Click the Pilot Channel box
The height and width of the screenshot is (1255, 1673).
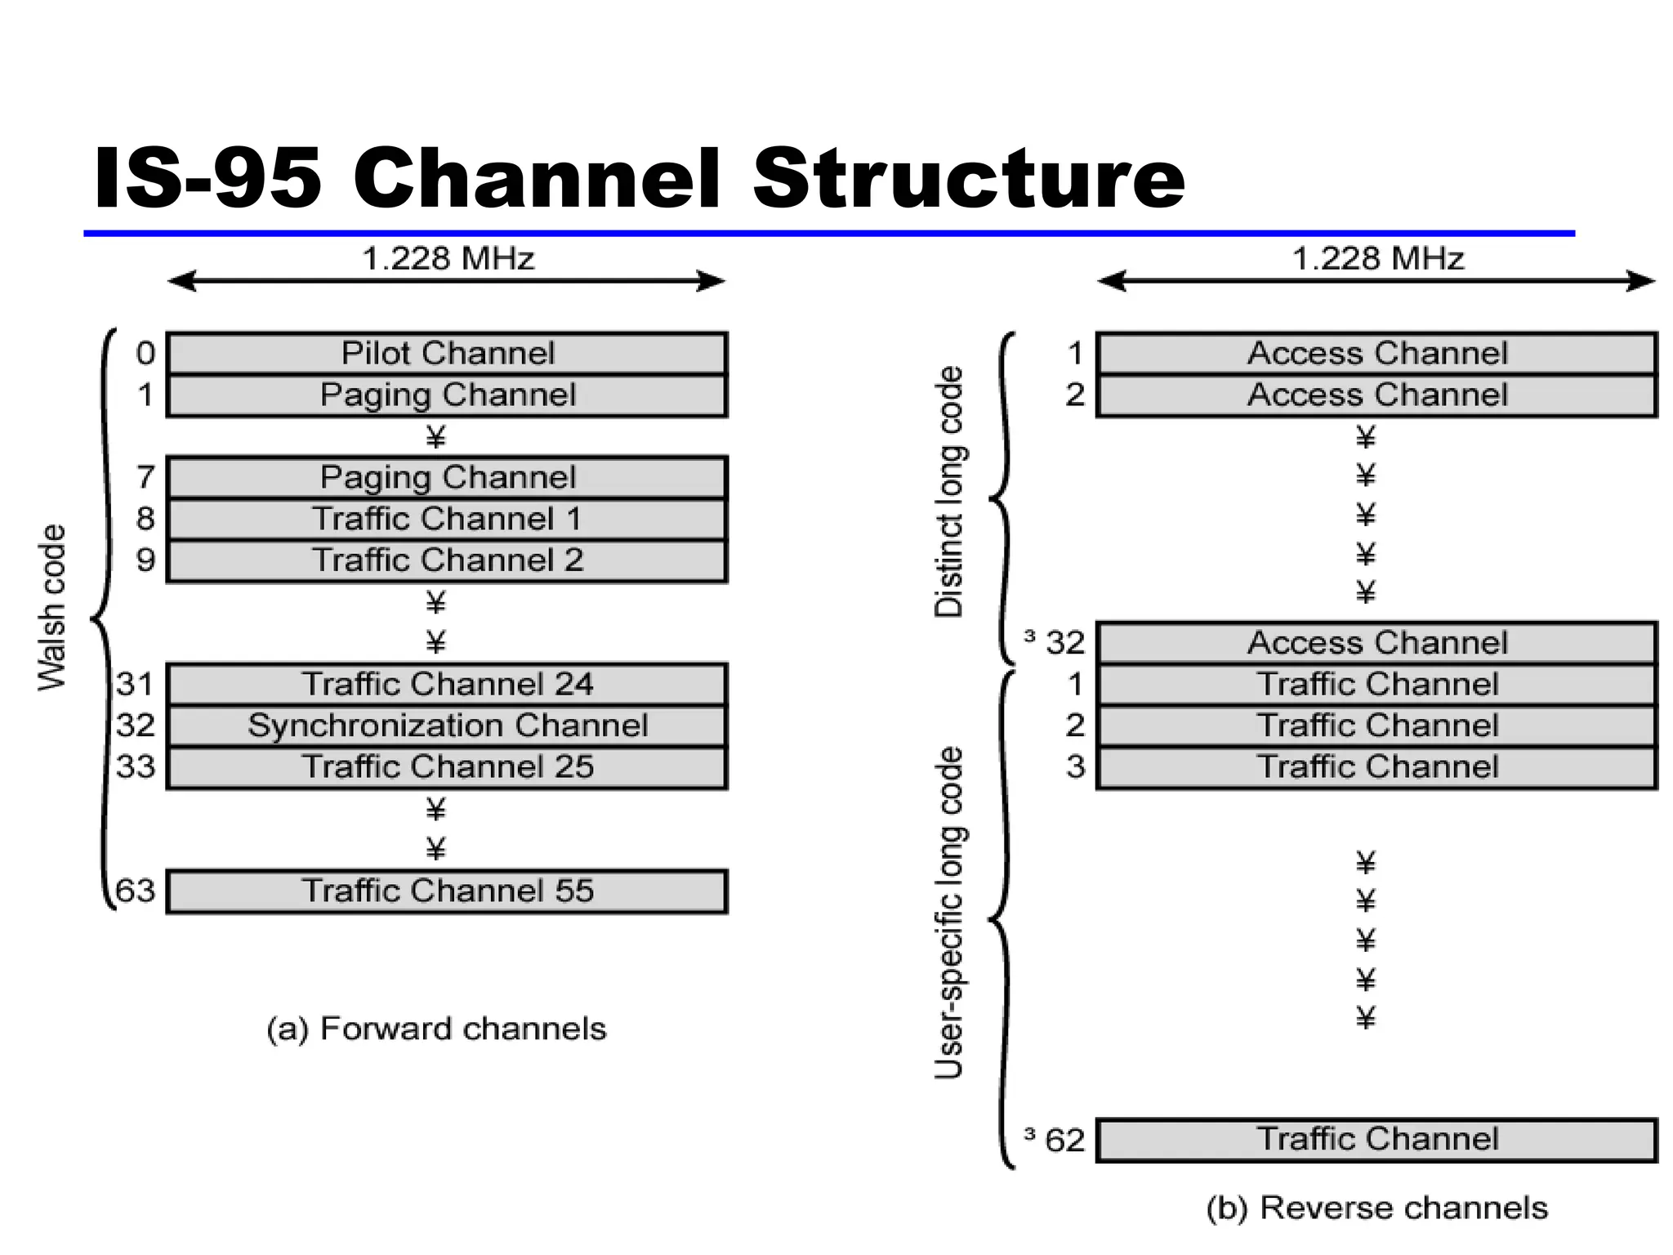point(447,354)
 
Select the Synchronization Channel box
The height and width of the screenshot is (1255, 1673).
point(447,726)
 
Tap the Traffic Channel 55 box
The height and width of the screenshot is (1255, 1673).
point(447,891)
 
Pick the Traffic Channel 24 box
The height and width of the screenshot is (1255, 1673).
point(447,684)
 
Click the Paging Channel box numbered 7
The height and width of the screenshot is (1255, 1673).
point(447,477)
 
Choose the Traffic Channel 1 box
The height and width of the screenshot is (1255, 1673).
point(447,519)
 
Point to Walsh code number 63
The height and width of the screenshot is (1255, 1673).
point(136,891)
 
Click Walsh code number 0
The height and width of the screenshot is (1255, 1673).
point(145,354)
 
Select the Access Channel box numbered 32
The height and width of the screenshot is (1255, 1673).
point(1377,643)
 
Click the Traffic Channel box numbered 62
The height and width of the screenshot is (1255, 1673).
point(1377,1139)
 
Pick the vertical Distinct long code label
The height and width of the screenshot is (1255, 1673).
point(949,492)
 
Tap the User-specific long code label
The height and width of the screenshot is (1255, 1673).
point(949,913)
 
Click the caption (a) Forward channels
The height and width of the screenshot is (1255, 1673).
point(436,1029)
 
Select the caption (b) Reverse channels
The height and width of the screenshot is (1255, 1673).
point(1377,1208)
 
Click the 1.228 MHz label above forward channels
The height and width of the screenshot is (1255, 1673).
point(448,259)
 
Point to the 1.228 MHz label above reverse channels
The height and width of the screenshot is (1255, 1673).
point(1377,259)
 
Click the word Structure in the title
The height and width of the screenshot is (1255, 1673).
point(969,179)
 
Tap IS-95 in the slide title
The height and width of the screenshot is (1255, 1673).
point(207,179)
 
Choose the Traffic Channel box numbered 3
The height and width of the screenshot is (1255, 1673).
point(1377,767)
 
